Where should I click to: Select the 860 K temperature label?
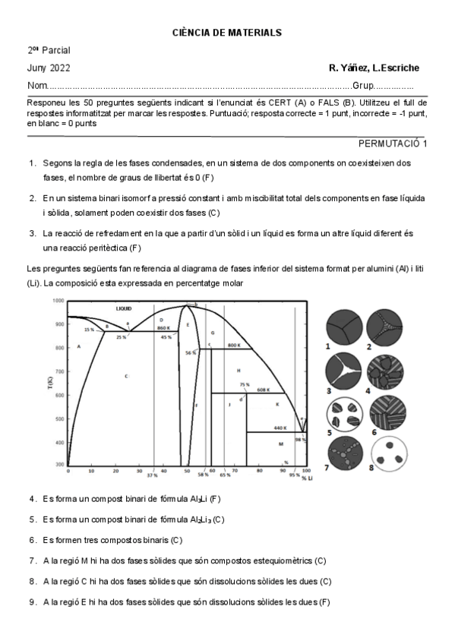tap(163, 327)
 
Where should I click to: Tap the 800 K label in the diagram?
tap(234, 346)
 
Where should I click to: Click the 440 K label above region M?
tap(280, 428)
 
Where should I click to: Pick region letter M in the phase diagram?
tap(280, 444)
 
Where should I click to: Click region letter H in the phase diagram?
tap(238, 370)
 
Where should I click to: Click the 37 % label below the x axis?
tap(152, 475)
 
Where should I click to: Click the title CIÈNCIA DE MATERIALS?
tap(227, 33)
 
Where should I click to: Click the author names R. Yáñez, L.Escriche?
tap(374, 68)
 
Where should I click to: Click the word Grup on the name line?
tap(362, 85)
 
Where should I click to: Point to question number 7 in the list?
tap(33, 560)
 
